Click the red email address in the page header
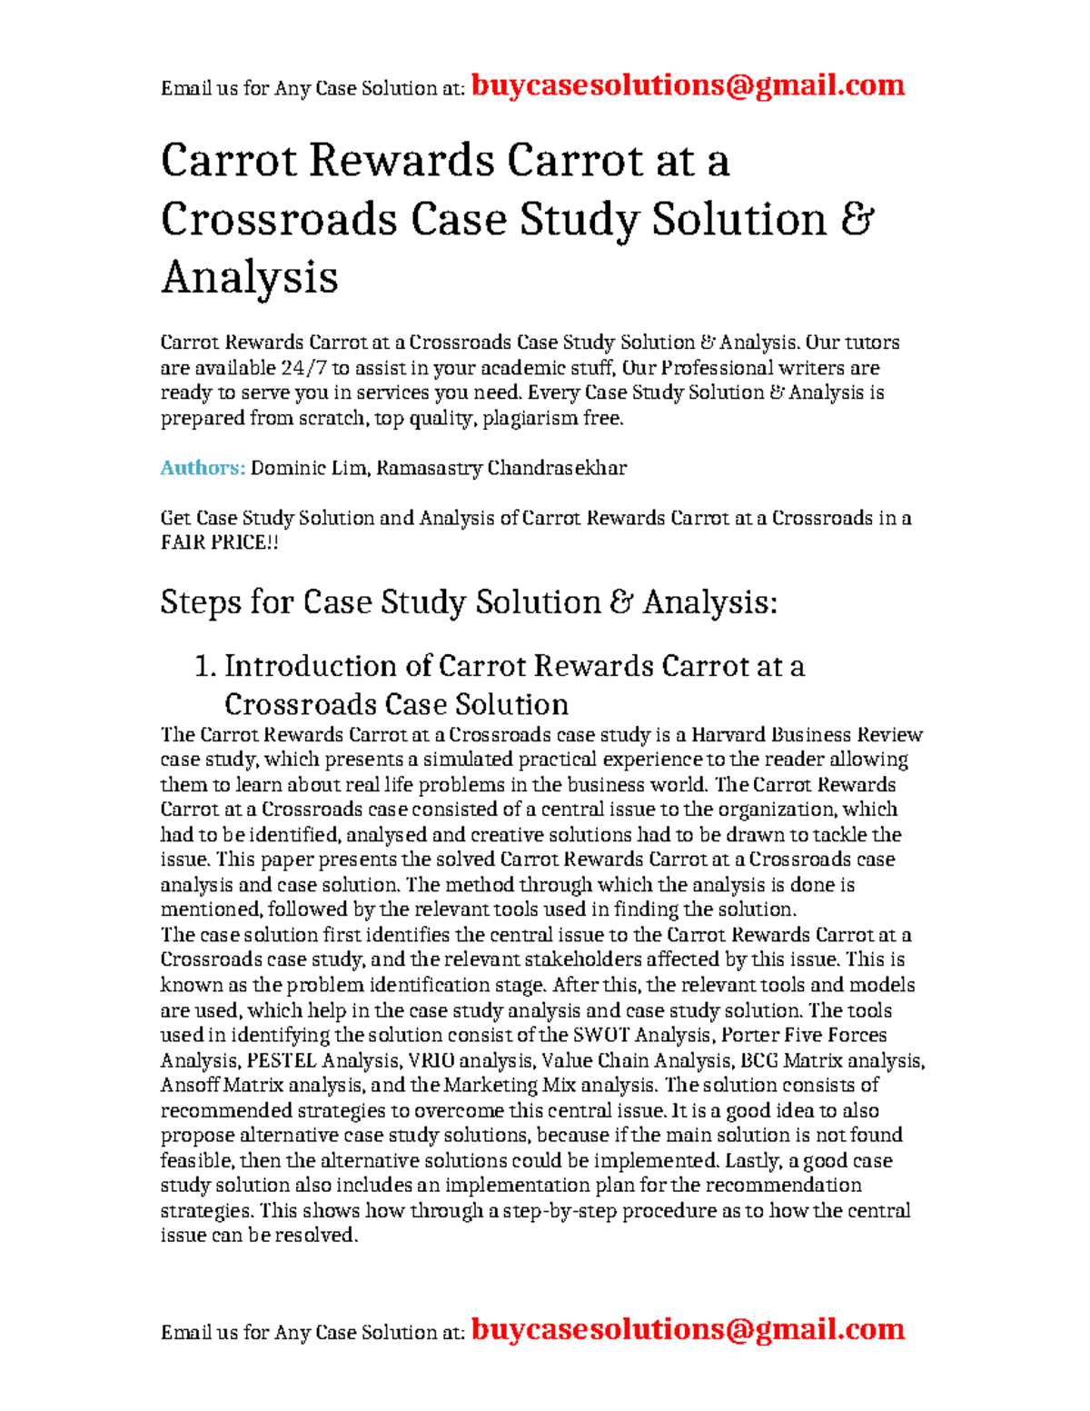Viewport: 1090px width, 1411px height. (x=688, y=85)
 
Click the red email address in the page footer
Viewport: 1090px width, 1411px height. (x=688, y=1329)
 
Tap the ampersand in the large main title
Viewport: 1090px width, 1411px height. (x=857, y=219)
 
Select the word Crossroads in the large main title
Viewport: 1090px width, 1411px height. (x=279, y=219)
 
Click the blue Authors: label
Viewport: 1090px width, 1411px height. (x=203, y=468)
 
